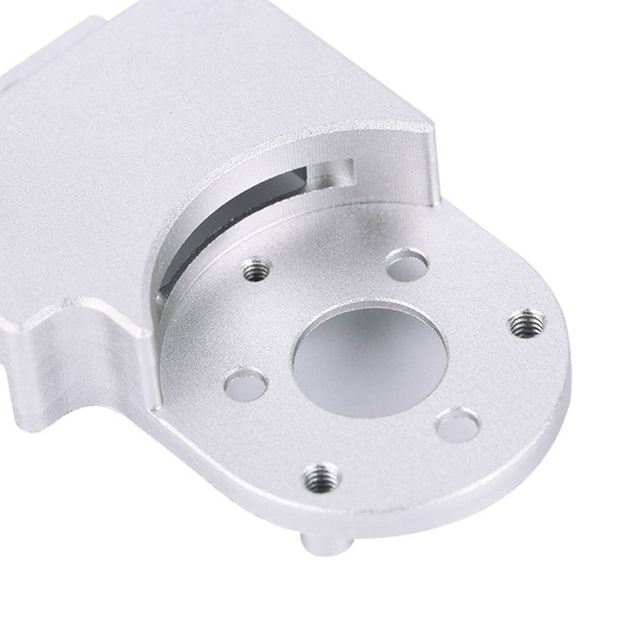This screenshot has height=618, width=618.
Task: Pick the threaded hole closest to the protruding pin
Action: tap(320, 475)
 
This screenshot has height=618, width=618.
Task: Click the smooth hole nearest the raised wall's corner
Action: tap(406, 265)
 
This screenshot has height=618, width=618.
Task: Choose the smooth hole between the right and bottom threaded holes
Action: tap(458, 424)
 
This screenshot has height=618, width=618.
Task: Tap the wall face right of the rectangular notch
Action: tap(396, 169)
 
